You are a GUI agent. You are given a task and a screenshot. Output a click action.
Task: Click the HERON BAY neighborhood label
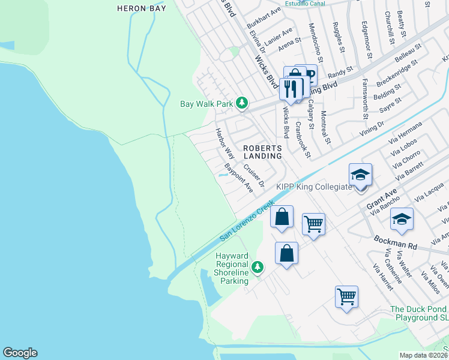pos(141,8)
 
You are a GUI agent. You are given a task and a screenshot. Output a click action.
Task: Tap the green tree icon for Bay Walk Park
pos(242,103)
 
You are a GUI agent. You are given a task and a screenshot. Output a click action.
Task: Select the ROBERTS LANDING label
pos(262,152)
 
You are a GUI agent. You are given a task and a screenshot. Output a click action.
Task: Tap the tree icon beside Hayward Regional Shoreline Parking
pos(258,266)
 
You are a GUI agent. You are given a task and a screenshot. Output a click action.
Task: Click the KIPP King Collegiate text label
pos(313,187)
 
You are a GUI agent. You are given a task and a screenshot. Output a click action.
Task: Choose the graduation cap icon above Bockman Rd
pos(403,219)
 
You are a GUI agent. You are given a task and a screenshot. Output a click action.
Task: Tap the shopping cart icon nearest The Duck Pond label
pos(346,296)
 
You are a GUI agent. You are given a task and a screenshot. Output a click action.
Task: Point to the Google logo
pos(20,353)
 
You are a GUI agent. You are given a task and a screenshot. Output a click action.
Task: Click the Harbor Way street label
pos(225,143)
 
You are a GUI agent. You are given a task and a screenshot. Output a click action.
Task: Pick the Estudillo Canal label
pos(305,3)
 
